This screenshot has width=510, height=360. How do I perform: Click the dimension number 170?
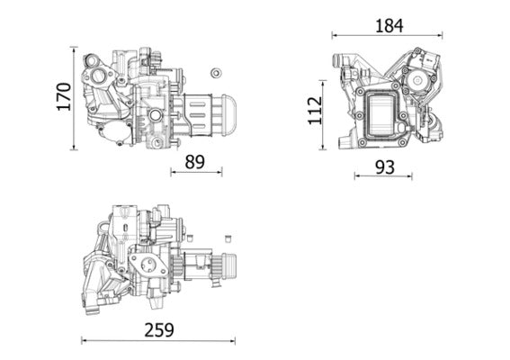pos(62,96)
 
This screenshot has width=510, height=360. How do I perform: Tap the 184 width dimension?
pos(389,25)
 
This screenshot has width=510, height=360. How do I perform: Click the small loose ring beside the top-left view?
pos(215,72)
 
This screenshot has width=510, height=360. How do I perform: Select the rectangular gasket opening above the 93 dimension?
pos(384,114)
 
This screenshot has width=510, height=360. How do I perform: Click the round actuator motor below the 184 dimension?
pos(418,81)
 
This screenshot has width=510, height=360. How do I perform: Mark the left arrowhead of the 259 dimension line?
pos(84,340)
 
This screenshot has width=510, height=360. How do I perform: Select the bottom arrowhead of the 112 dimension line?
pos(327,148)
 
